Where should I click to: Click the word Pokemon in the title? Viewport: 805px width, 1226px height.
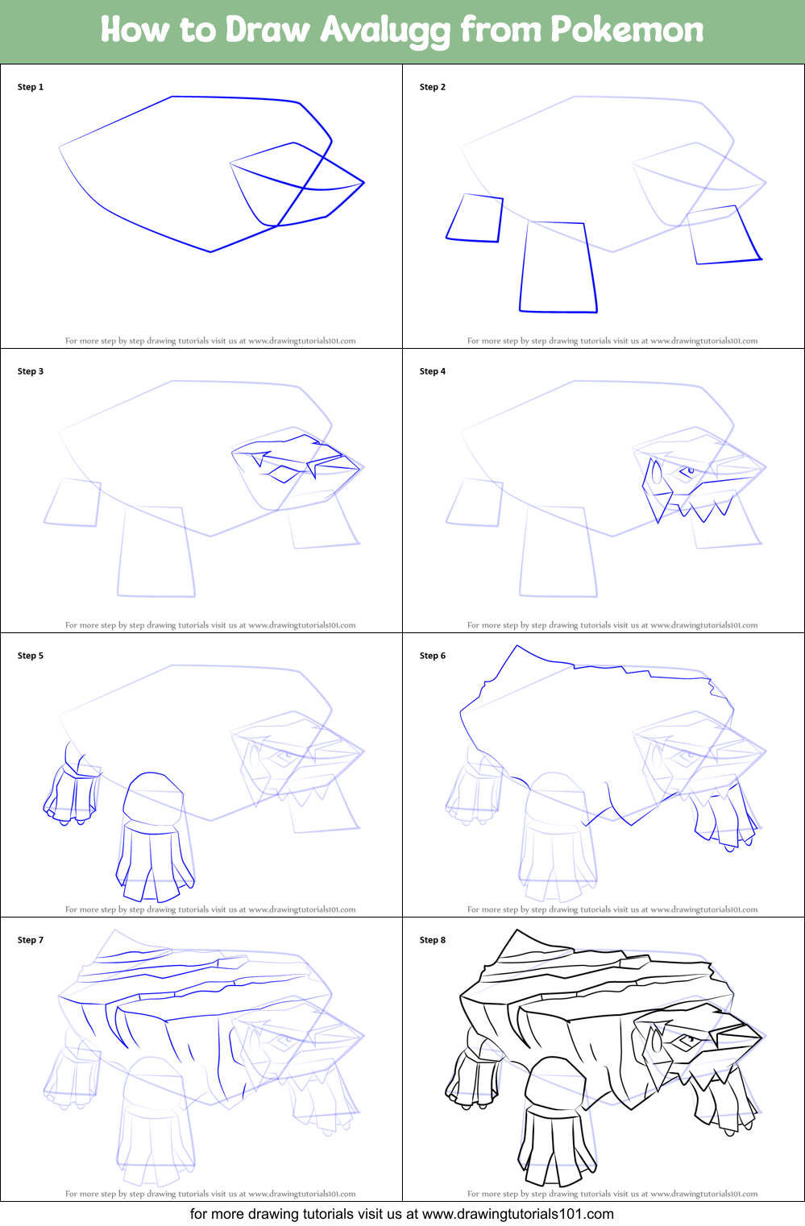626,30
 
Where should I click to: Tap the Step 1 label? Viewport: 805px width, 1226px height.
31,87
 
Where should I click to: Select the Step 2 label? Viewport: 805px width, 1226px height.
433,87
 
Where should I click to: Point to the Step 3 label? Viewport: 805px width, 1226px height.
31,371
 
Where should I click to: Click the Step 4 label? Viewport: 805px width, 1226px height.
433,371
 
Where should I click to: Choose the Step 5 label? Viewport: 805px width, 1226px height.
31,656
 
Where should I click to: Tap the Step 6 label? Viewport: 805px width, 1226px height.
433,656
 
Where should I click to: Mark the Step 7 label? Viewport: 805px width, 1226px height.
31,940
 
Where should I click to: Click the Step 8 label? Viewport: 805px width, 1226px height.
433,940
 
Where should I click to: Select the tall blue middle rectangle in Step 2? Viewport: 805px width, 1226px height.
558,267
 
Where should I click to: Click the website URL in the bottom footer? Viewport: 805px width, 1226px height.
517,1214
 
